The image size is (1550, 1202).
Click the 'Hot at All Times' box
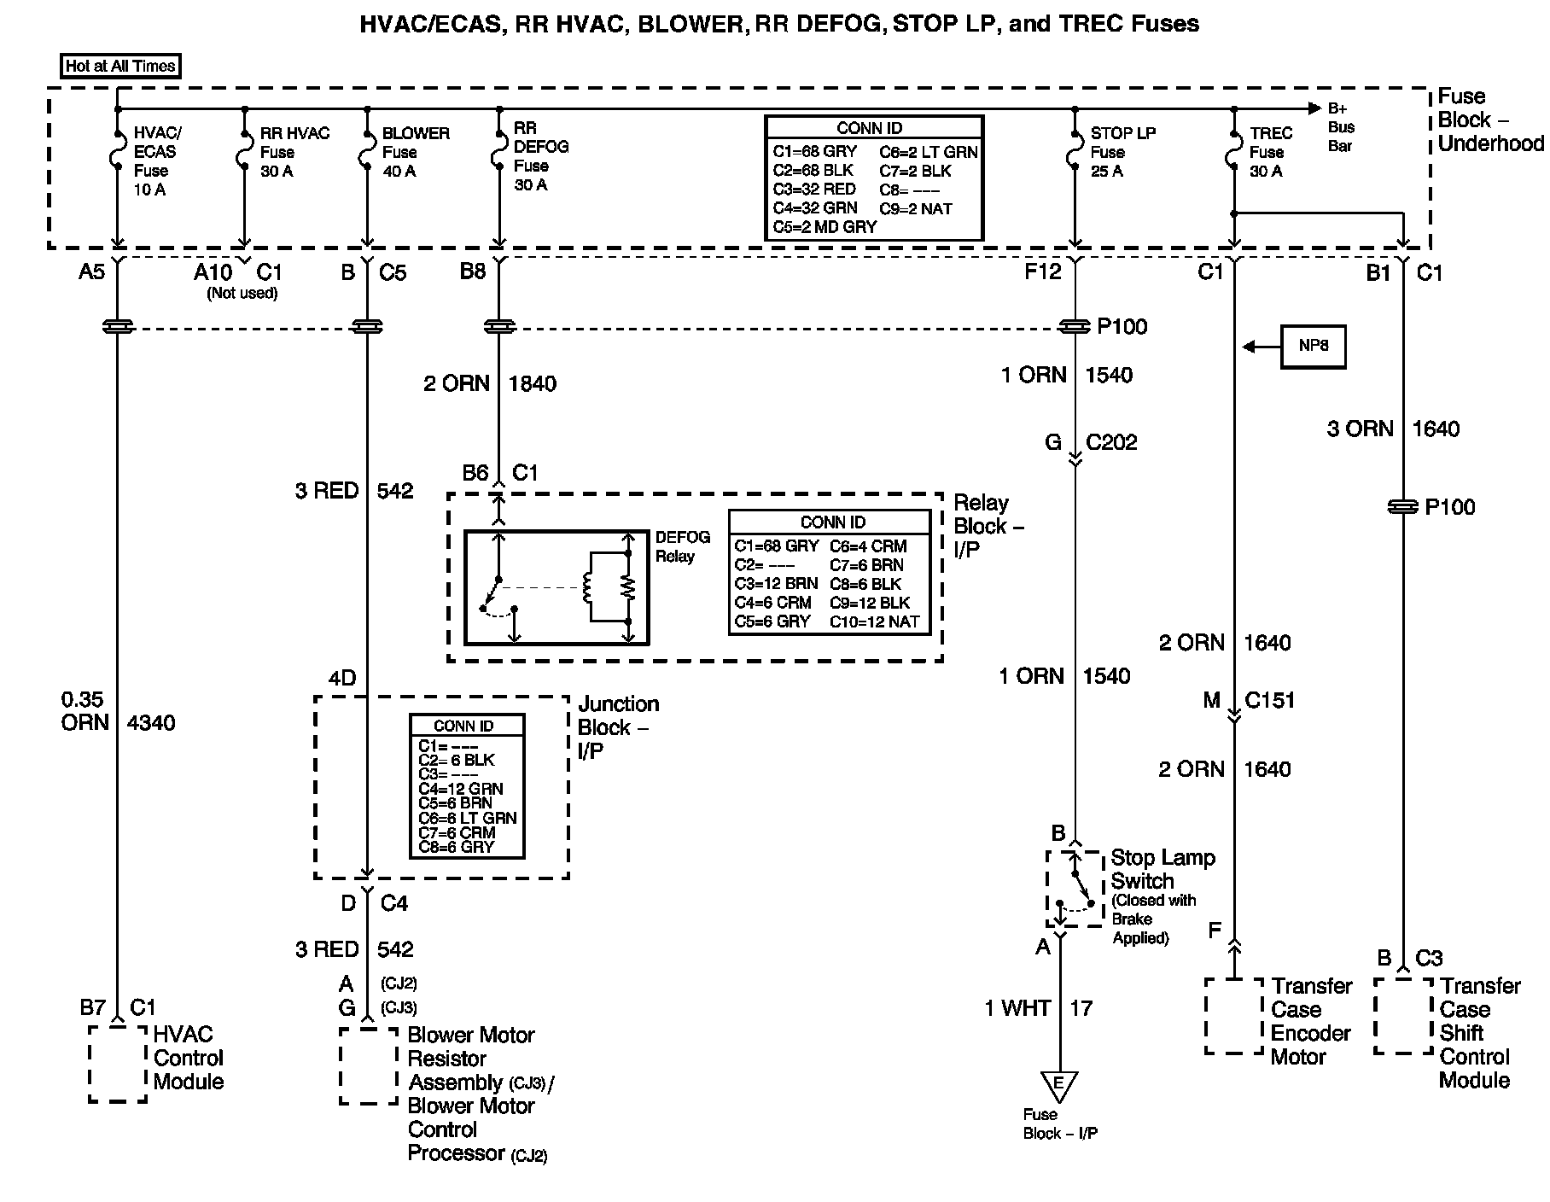[120, 66]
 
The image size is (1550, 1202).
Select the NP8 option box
[1313, 347]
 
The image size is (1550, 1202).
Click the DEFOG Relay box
[556, 587]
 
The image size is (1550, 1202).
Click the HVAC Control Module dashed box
[117, 1064]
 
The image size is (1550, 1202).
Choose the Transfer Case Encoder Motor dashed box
[1233, 1016]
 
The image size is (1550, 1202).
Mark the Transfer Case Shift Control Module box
[1402, 1016]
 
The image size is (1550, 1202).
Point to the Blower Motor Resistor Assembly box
[368, 1065]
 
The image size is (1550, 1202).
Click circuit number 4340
[151, 723]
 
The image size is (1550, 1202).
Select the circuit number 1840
[533, 384]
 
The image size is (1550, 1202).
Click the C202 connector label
[1111, 442]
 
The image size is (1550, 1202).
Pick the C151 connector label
[1269, 701]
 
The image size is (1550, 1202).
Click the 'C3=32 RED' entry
[814, 190]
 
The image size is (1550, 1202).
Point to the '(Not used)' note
[242, 293]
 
